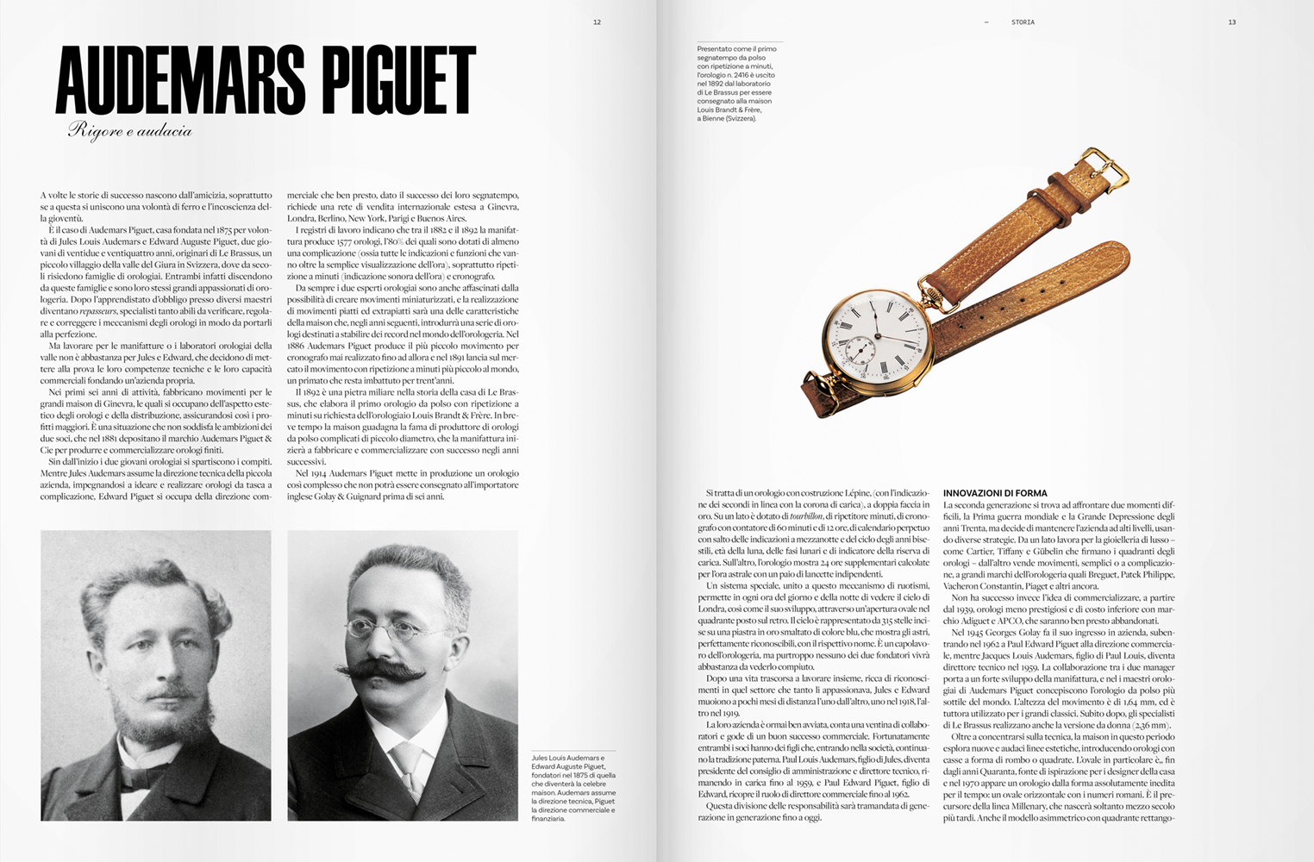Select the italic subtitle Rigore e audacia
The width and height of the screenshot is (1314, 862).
click(x=130, y=131)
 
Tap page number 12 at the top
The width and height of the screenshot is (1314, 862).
click(x=597, y=22)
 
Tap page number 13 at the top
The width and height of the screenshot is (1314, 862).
click(x=1232, y=22)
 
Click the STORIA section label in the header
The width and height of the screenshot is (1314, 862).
click(x=1023, y=22)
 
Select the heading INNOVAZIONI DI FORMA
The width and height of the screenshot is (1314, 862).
click(x=990, y=493)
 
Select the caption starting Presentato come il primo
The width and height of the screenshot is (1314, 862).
click(x=736, y=84)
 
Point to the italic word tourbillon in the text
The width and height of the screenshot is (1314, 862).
click(x=807, y=515)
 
